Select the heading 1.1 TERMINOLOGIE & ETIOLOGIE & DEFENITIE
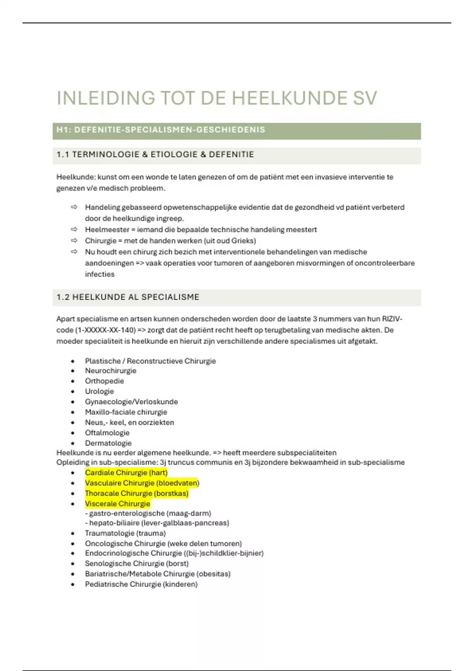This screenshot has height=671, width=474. coord(155,155)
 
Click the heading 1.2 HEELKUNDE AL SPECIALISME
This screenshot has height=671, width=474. coord(128,297)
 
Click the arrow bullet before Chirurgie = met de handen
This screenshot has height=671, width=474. coord(74,241)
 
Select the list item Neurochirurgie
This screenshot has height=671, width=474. coord(111,371)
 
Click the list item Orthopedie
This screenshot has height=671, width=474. coord(104,381)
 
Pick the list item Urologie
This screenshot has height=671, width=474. coord(99,391)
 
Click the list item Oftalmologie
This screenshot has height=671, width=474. coord(107,433)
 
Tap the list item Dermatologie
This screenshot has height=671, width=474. coord(108,443)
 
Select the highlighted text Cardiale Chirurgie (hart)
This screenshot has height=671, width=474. coord(126,472)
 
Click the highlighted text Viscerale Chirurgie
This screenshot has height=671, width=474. coord(117,504)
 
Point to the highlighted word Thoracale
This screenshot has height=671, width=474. coord(102,493)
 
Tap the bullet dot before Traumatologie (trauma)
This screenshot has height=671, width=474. coord(73,534)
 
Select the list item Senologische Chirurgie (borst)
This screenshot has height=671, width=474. coord(137,564)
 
